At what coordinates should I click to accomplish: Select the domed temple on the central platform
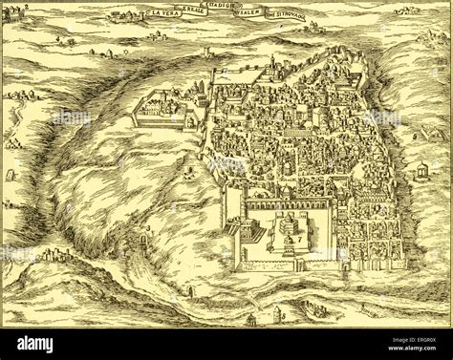coord(285,230)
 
